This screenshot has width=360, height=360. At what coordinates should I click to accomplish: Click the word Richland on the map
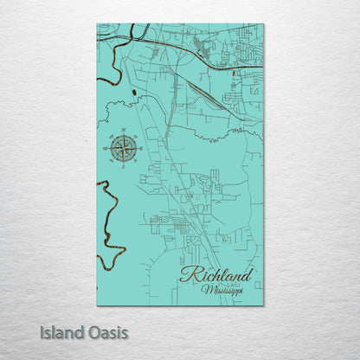215,275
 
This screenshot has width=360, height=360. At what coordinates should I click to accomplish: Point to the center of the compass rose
124,148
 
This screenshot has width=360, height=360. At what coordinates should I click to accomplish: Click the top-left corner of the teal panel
98,25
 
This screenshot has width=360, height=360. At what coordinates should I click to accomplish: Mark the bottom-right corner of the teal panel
263,305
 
